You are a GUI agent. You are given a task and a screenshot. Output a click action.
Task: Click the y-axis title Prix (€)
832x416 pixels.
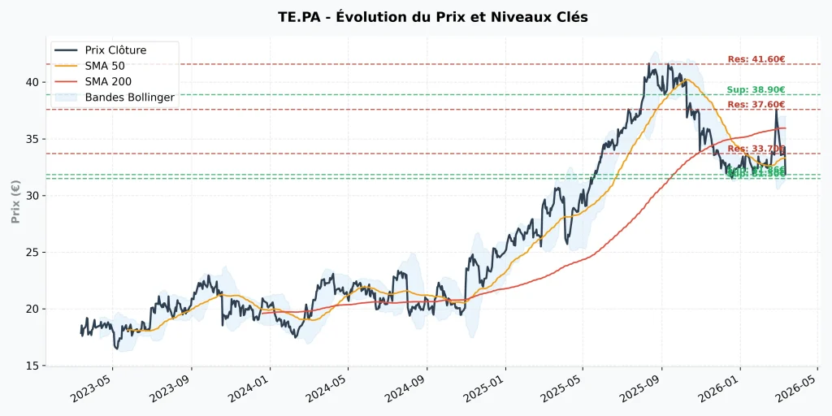click(15, 202)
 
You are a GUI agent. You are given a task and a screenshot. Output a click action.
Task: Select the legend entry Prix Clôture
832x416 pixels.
click(115, 50)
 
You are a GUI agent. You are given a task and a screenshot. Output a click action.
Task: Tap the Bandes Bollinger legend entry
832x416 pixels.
click(129, 97)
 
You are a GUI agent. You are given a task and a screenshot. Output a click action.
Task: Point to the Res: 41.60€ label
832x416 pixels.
click(756, 59)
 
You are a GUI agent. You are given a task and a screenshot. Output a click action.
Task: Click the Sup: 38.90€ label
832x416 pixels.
click(756, 90)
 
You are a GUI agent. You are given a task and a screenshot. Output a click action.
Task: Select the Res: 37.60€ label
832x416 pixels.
click(756, 105)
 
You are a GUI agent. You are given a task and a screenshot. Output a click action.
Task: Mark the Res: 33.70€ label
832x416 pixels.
click(756, 149)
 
